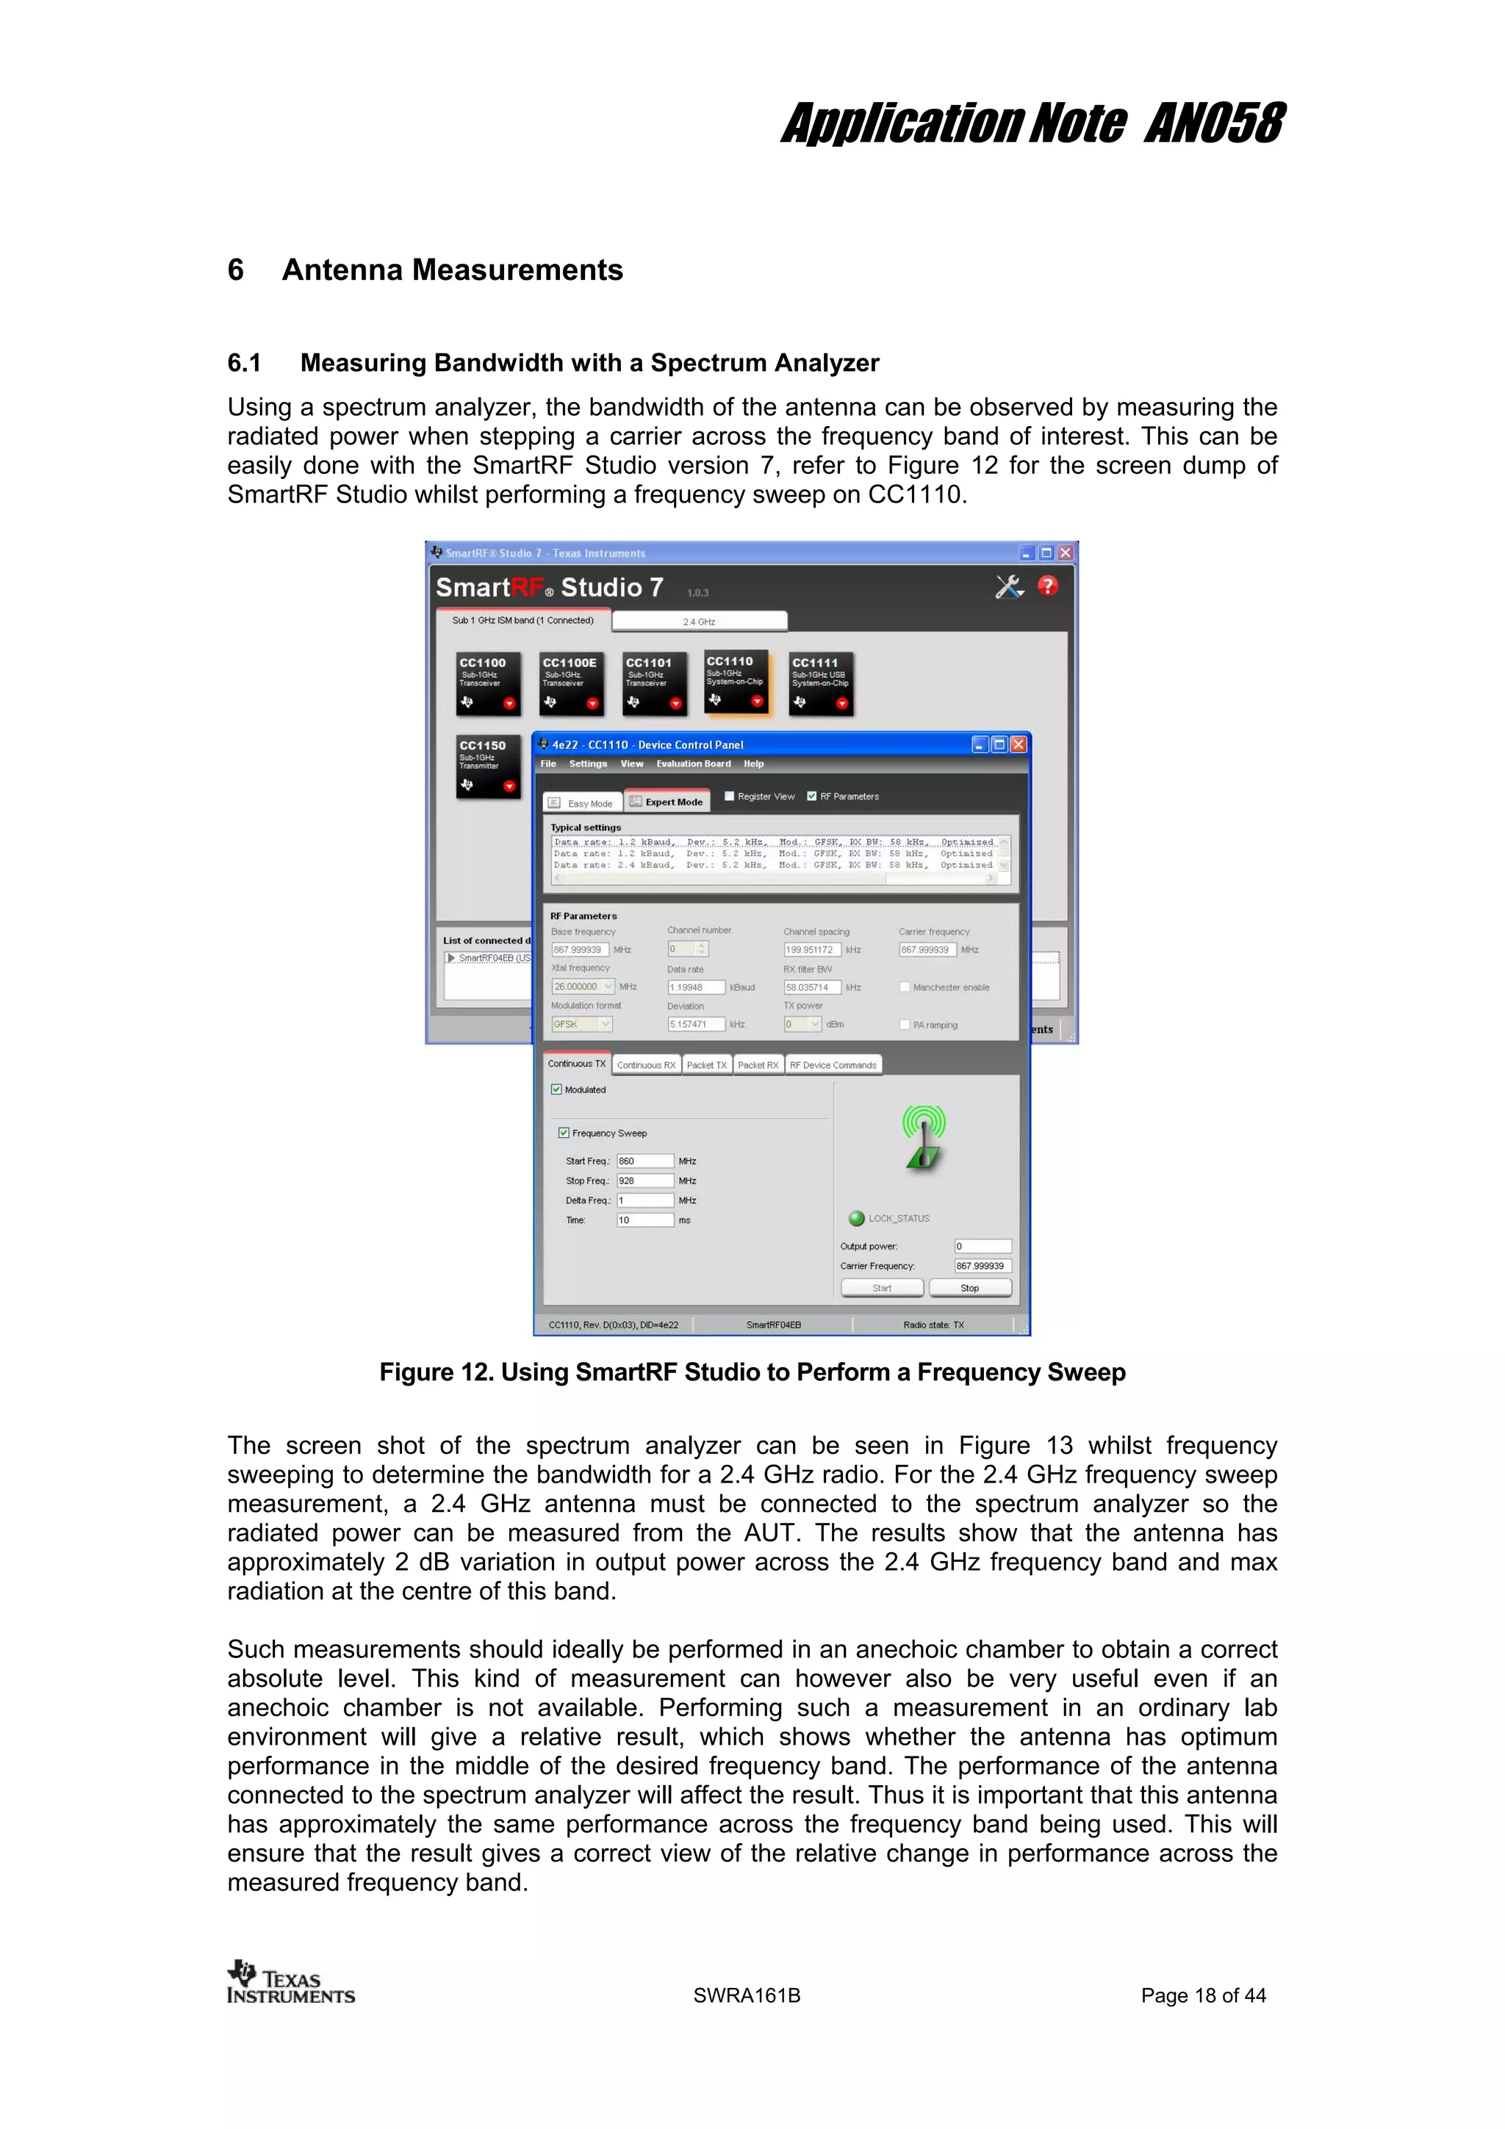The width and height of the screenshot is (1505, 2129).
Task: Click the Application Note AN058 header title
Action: [x=1031, y=124]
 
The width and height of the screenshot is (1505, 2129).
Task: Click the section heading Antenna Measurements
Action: [x=452, y=270]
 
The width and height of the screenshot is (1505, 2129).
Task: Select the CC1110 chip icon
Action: [x=736, y=682]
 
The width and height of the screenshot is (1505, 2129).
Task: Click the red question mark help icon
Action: [x=1047, y=586]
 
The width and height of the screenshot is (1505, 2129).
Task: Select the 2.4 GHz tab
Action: [x=699, y=622]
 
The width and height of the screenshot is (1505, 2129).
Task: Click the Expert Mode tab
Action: [x=667, y=802]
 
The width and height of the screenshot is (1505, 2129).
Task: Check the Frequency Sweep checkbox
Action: [x=564, y=1132]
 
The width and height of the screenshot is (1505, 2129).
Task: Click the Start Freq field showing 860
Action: [x=644, y=1161]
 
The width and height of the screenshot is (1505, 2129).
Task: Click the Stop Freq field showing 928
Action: [x=644, y=1181]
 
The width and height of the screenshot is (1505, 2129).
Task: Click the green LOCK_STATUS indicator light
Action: [x=857, y=1219]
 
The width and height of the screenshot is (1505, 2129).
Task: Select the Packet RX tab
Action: [x=758, y=1064]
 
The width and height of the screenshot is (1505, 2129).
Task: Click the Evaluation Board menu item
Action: [x=693, y=764]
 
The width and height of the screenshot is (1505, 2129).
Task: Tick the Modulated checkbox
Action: [x=556, y=1089]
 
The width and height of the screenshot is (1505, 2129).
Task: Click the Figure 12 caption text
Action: [x=752, y=1372]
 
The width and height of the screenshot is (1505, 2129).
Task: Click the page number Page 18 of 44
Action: [x=1203, y=1995]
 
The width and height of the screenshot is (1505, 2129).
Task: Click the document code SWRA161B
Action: [x=747, y=1995]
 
